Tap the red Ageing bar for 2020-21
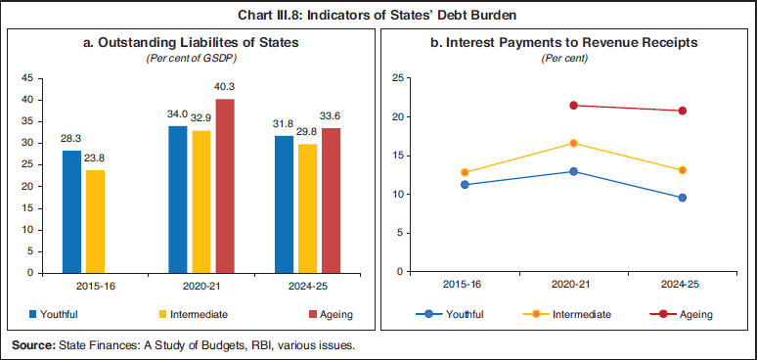225,185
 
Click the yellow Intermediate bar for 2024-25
308,207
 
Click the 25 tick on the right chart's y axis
398,77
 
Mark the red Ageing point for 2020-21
573,106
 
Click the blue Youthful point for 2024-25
682,198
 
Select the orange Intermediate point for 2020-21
573,144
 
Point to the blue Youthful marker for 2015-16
465,184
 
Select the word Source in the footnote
33,345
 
